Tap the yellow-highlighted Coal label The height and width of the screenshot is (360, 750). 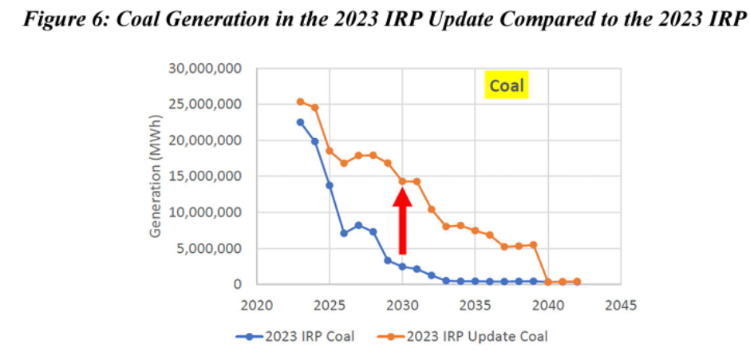click(507, 85)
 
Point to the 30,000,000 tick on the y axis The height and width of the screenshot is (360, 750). click(206, 69)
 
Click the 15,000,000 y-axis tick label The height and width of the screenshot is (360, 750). click(206, 176)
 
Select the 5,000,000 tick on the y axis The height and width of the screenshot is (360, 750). click(209, 248)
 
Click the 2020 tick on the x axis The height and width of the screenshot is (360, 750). click(256, 304)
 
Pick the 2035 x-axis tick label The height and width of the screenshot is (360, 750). click(475, 304)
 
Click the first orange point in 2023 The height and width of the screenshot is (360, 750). click(300, 102)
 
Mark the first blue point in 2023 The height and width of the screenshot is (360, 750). click(300, 122)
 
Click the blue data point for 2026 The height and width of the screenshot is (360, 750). click(344, 233)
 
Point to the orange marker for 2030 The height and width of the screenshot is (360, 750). click(402, 181)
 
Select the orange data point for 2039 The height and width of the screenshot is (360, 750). click(533, 244)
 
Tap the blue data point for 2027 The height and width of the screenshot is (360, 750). click(358, 225)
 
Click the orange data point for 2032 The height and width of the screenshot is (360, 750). click(432, 209)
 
